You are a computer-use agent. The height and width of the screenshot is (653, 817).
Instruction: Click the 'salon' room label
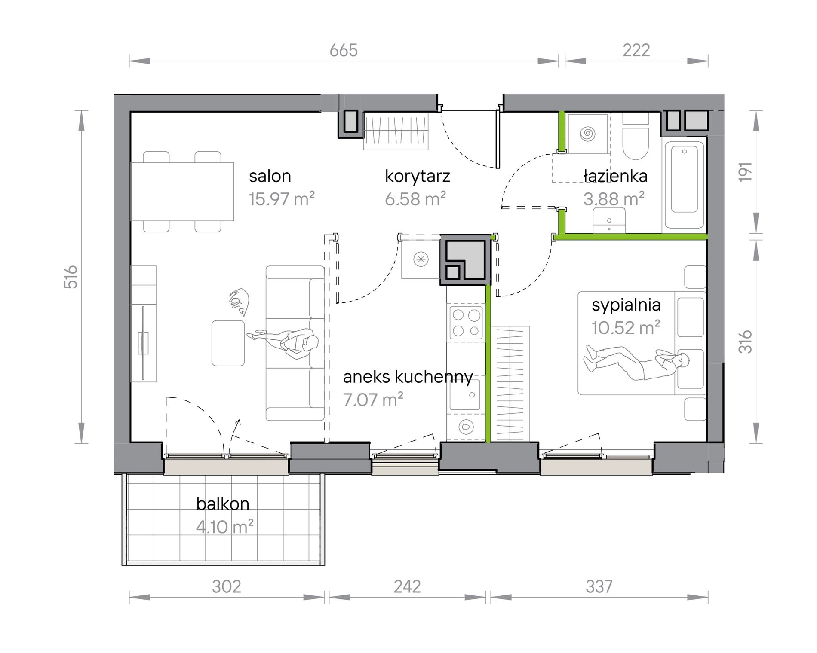pos(270,176)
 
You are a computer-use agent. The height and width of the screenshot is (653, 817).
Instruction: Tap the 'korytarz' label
pos(418,177)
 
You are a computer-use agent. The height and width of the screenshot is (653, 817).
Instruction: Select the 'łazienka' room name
pos(615,176)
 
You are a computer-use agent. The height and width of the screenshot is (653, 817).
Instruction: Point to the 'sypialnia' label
pos(626,305)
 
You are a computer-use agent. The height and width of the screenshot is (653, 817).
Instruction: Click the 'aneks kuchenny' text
pos(408,377)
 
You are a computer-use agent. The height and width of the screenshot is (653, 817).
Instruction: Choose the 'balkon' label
pos(223,503)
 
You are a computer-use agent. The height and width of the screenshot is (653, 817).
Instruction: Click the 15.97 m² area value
pos(282,199)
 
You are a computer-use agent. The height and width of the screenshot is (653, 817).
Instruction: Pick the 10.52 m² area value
pos(626,328)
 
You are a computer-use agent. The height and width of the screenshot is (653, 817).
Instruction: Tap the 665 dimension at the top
pos(344,51)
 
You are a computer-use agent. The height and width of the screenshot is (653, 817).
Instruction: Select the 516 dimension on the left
pos(71,277)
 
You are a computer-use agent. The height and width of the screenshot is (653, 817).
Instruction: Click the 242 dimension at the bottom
pos(407,586)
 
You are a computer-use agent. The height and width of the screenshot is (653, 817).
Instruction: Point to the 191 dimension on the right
pos(745,171)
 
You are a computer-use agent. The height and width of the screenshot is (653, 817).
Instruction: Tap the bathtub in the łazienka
pos(684,183)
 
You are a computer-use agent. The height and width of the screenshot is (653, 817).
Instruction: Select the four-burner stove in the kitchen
pos(466,323)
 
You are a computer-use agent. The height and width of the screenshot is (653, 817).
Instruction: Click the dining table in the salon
pos(182,192)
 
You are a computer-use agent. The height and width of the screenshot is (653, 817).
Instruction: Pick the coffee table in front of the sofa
pos(228,343)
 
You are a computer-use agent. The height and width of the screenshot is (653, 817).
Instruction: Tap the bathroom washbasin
pos(609,220)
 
